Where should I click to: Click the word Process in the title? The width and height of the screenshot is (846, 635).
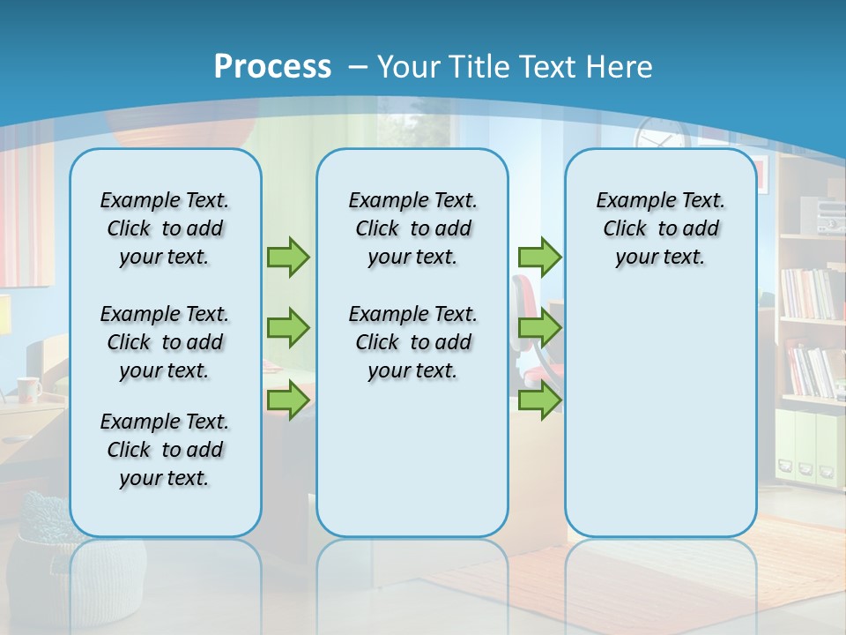click(x=272, y=67)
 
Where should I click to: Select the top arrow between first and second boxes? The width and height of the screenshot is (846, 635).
click(x=288, y=257)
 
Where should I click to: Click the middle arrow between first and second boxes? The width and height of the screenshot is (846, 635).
click(x=288, y=328)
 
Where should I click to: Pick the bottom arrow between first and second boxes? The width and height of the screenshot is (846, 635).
click(x=288, y=400)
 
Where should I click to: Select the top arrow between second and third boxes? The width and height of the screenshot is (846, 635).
click(x=539, y=257)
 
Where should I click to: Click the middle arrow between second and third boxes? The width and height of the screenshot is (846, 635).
click(x=539, y=328)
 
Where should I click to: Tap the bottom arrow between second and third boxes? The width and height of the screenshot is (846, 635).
click(x=539, y=400)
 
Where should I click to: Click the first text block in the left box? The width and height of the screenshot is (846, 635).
click(x=165, y=228)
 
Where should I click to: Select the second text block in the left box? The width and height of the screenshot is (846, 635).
click(x=165, y=342)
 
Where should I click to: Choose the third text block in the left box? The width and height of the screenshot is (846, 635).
click(x=165, y=450)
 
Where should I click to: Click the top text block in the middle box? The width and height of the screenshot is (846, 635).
click(x=412, y=228)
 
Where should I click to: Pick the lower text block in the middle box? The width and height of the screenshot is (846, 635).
click(x=412, y=342)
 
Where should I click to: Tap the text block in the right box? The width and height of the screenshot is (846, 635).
click(x=660, y=228)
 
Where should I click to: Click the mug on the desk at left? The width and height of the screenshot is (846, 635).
click(x=28, y=389)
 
